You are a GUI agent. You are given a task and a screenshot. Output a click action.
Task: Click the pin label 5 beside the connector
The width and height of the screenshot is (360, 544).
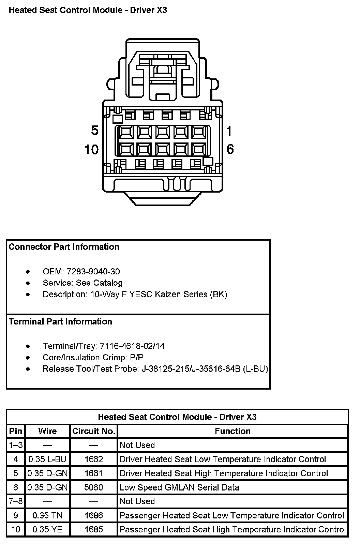tap(94, 131)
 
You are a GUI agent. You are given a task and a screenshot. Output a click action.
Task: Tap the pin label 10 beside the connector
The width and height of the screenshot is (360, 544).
tap(91, 149)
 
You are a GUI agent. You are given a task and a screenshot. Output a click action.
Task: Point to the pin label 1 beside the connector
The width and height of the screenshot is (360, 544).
tap(229, 131)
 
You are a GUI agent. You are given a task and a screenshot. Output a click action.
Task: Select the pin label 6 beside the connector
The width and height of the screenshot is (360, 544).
tap(230, 149)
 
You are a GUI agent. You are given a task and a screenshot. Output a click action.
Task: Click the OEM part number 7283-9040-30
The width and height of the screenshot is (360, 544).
tap(93, 272)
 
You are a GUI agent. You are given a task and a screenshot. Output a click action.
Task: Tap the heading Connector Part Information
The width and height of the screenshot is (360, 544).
tap(64, 247)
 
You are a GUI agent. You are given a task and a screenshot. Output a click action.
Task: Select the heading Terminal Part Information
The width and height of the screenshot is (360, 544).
tap(60, 322)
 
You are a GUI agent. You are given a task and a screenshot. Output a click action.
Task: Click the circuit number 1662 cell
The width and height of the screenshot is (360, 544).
tap(94, 459)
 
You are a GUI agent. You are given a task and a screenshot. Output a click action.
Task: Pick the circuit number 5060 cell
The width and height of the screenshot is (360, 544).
tap(94, 487)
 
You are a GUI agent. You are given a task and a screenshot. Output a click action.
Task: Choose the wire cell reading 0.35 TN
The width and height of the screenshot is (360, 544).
tap(47, 516)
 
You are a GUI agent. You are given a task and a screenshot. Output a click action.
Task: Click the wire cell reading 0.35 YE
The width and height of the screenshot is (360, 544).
tap(47, 530)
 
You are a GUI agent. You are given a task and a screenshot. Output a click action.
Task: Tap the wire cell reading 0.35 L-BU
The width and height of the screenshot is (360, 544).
tap(47, 459)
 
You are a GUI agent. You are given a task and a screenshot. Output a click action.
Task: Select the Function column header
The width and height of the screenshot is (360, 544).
tap(232, 431)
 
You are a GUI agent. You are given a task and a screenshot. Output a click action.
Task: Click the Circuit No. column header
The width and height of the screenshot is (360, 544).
tap(94, 431)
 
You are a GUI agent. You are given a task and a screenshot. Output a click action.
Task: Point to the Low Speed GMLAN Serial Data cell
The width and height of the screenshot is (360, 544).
tap(179, 487)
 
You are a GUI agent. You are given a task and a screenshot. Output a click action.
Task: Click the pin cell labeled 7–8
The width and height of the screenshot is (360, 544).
tap(16, 501)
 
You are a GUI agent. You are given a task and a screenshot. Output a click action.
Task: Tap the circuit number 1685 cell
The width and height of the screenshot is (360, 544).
tap(94, 530)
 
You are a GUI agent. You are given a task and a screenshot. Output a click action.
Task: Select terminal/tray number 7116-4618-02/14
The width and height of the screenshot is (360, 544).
tap(132, 346)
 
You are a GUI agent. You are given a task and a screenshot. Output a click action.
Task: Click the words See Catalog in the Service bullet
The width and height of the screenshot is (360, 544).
tap(99, 283)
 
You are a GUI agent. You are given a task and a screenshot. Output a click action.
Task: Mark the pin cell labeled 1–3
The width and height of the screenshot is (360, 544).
tap(16, 445)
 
